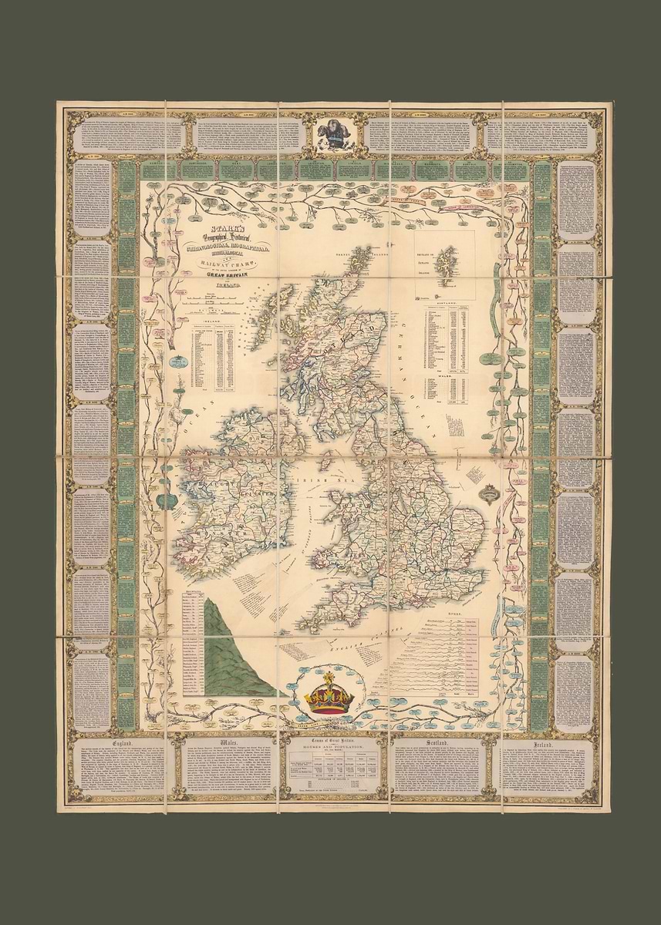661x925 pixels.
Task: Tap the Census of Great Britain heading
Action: [x=334, y=742]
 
